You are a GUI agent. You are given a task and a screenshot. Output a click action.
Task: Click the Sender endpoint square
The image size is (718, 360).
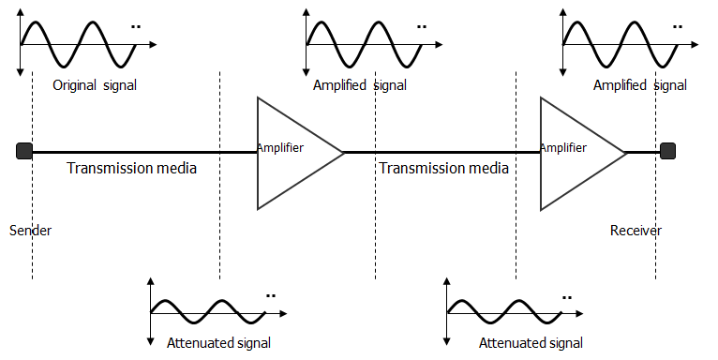[24, 151]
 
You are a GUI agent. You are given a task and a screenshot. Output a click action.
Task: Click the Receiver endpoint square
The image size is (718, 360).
[666, 151]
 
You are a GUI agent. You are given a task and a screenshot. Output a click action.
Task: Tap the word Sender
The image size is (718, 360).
[30, 230]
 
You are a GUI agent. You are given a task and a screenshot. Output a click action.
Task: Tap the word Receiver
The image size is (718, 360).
[636, 230]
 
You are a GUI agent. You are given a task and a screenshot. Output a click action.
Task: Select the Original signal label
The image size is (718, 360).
[95, 85]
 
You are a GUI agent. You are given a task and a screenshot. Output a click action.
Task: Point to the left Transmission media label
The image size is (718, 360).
[131, 169]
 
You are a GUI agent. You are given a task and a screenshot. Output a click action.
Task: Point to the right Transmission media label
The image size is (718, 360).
[443, 169]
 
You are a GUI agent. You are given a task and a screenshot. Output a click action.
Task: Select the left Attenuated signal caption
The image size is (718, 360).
[218, 342]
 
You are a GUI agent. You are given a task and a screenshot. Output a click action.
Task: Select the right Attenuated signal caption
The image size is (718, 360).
[531, 342]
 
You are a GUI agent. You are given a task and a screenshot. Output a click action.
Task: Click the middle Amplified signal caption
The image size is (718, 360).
[360, 85]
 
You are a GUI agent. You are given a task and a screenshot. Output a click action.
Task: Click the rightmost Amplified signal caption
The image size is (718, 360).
[640, 85]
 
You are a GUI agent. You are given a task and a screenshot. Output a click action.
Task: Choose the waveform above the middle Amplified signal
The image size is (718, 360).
[361, 43]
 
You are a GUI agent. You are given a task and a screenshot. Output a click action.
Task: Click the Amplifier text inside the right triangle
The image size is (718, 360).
[563, 147]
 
